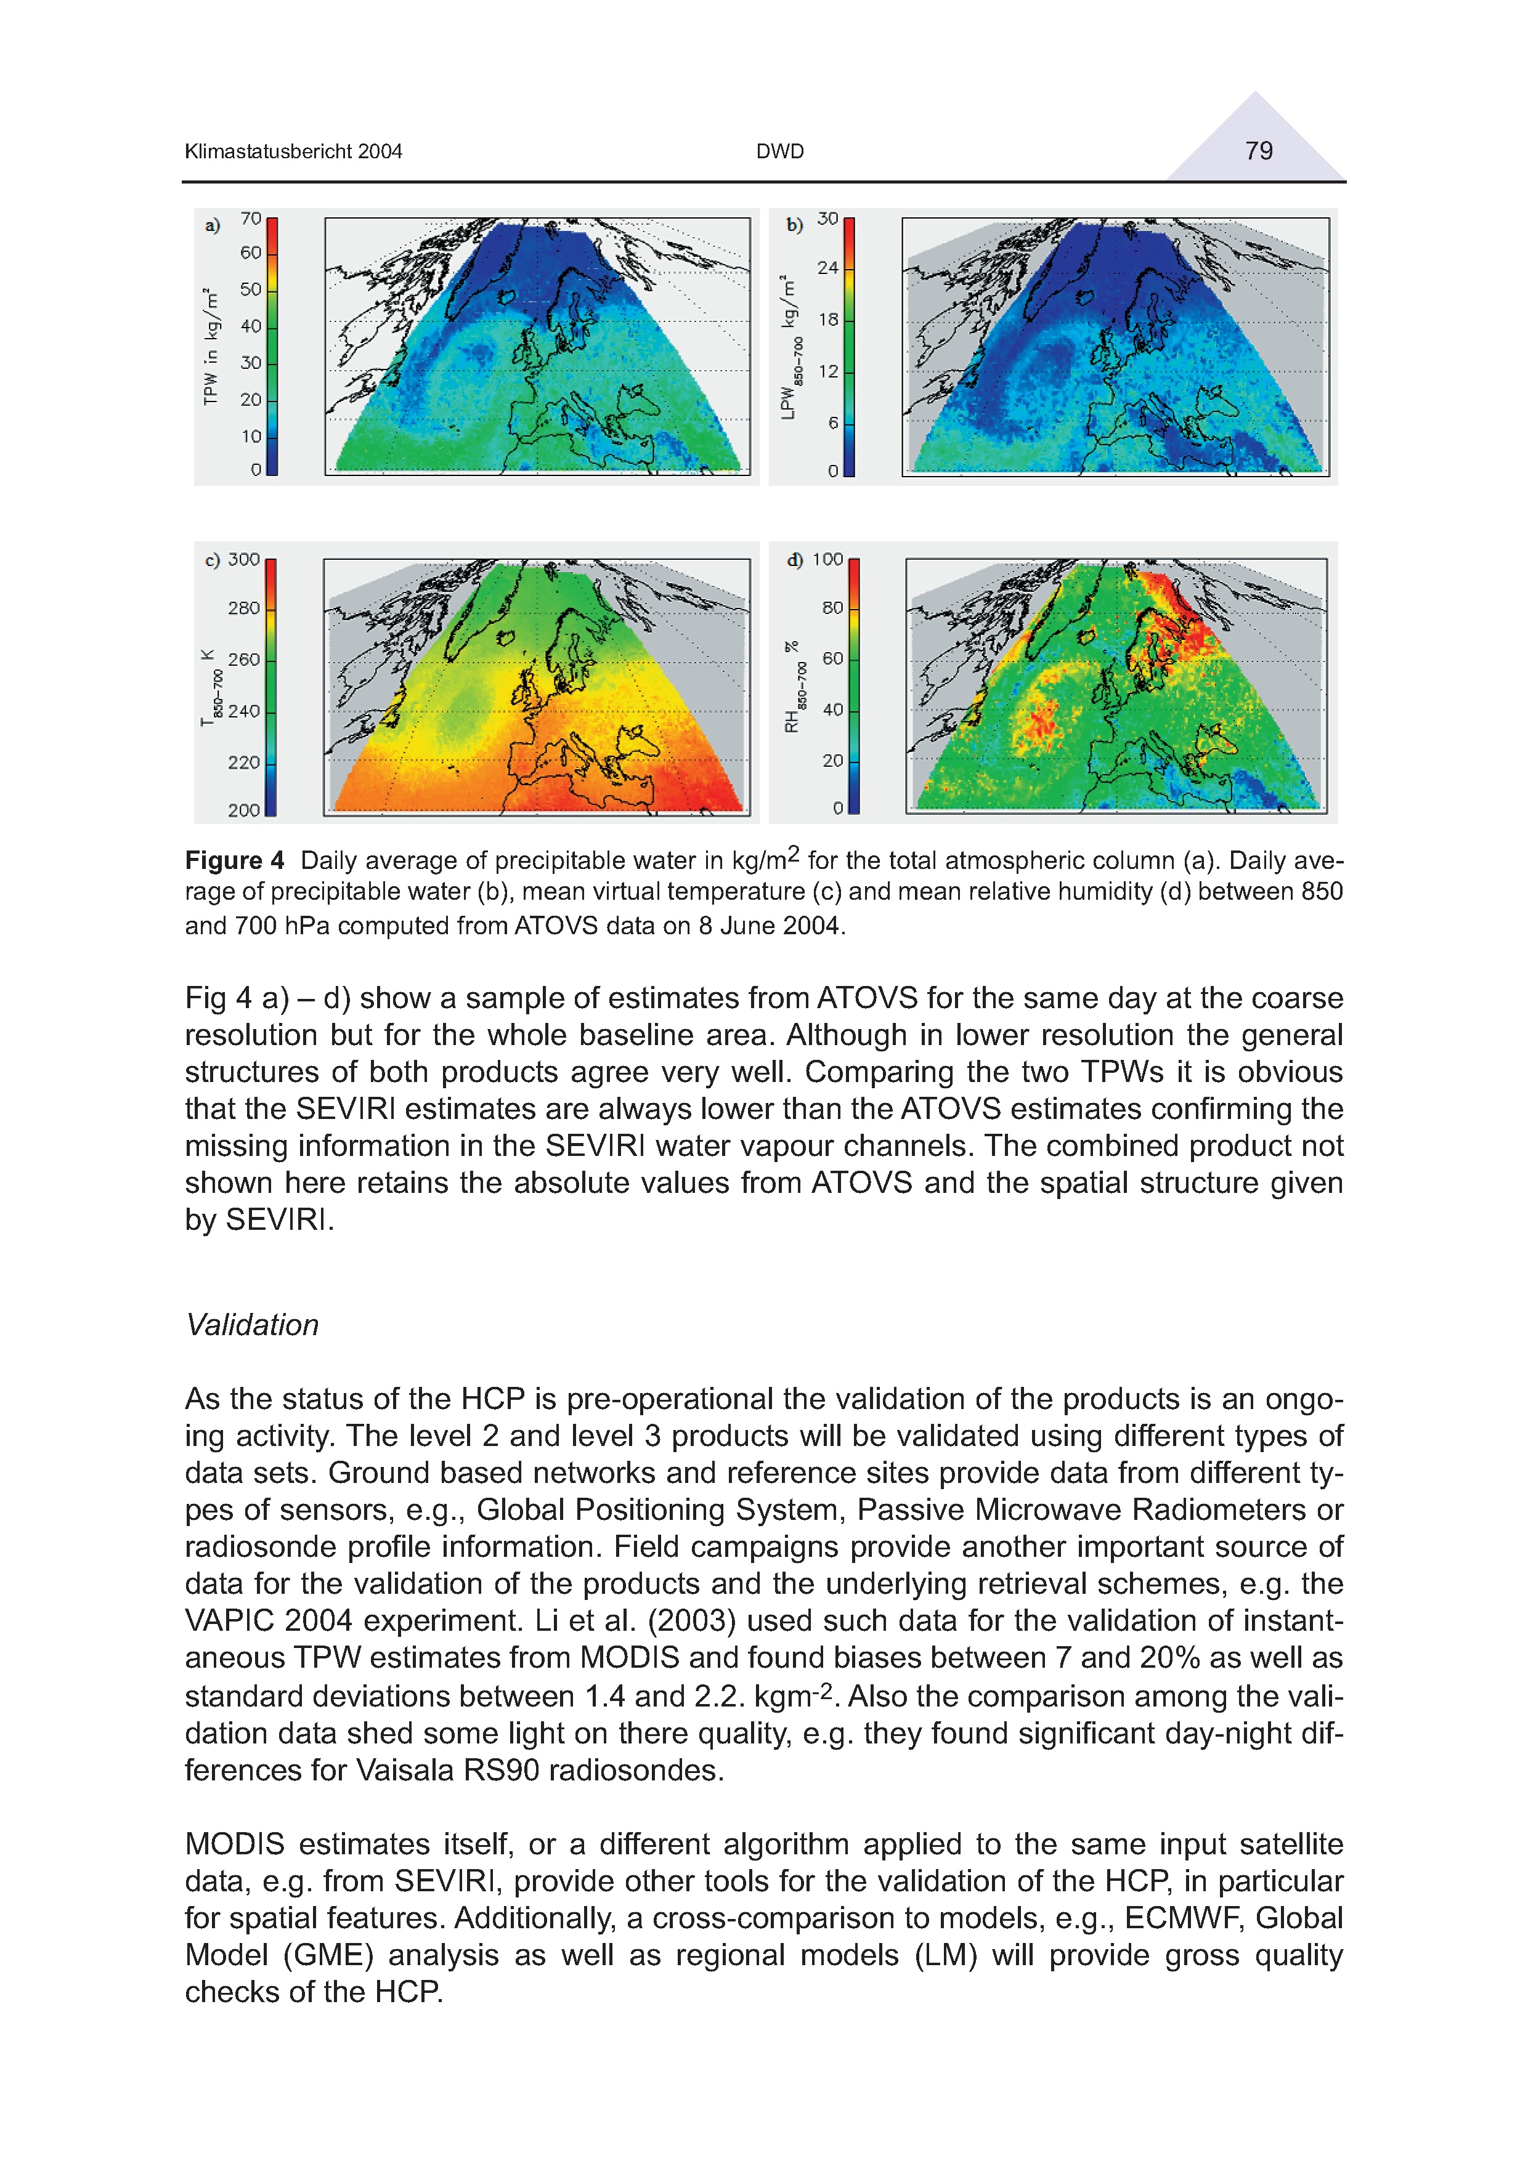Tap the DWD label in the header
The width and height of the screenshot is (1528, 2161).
[779, 151]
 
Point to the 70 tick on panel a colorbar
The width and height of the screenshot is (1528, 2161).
[250, 219]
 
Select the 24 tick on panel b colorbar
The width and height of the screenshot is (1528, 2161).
[827, 269]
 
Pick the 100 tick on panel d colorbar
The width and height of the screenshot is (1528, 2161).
[827, 559]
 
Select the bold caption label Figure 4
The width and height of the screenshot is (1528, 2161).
[234, 860]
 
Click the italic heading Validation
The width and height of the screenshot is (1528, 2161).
[253, 1325]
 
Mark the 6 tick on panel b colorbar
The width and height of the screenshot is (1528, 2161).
[833, 424]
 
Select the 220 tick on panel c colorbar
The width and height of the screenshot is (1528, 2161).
[244, 762]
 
